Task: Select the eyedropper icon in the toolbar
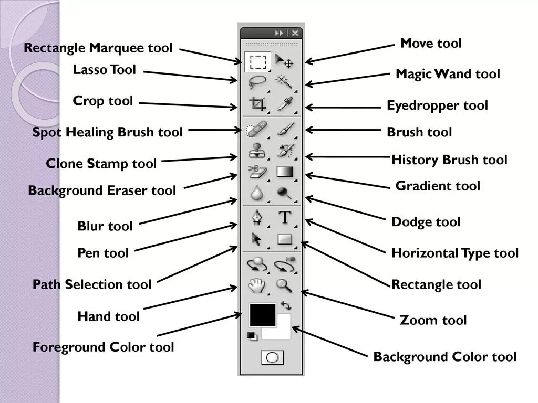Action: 285,104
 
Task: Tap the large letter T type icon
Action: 285,217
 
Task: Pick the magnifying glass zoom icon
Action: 284,285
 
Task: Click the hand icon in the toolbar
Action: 257,285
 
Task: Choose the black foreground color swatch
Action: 262,314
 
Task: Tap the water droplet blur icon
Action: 257,194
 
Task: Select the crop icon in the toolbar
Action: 257,104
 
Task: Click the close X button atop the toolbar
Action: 295,33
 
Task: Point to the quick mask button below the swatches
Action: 272,358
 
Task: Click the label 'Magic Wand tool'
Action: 448,74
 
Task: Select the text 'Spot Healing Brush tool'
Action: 108,132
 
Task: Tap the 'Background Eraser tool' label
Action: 102,190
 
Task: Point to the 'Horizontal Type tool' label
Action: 455,253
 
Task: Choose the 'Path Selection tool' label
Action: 92,285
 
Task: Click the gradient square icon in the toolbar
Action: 284,172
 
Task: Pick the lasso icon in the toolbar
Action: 257,81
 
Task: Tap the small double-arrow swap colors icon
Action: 286,305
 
